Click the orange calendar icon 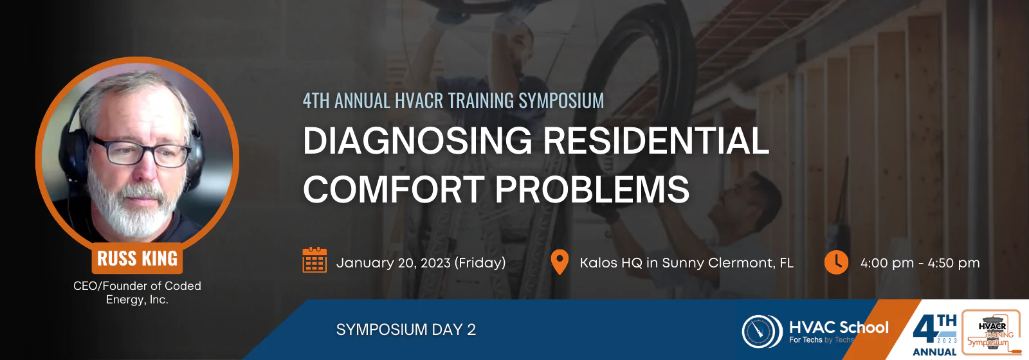[314, 260]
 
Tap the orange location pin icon [560, 262]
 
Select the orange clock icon [836, 262]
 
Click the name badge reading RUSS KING [138, 258]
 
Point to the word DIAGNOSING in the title [417, 141]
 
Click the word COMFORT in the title [393, 189]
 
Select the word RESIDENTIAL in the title [656, 141]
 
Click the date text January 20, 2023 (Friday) [421, 263]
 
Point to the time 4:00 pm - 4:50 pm [920, 263]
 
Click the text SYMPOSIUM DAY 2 [406, 330]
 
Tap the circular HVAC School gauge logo [762, 331]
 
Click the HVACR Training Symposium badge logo [991, 332]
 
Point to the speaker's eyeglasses [141, 152]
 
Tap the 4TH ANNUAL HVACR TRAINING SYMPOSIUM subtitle [453, 100]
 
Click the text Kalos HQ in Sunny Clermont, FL [686, 263]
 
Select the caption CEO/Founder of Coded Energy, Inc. [138, 292]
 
